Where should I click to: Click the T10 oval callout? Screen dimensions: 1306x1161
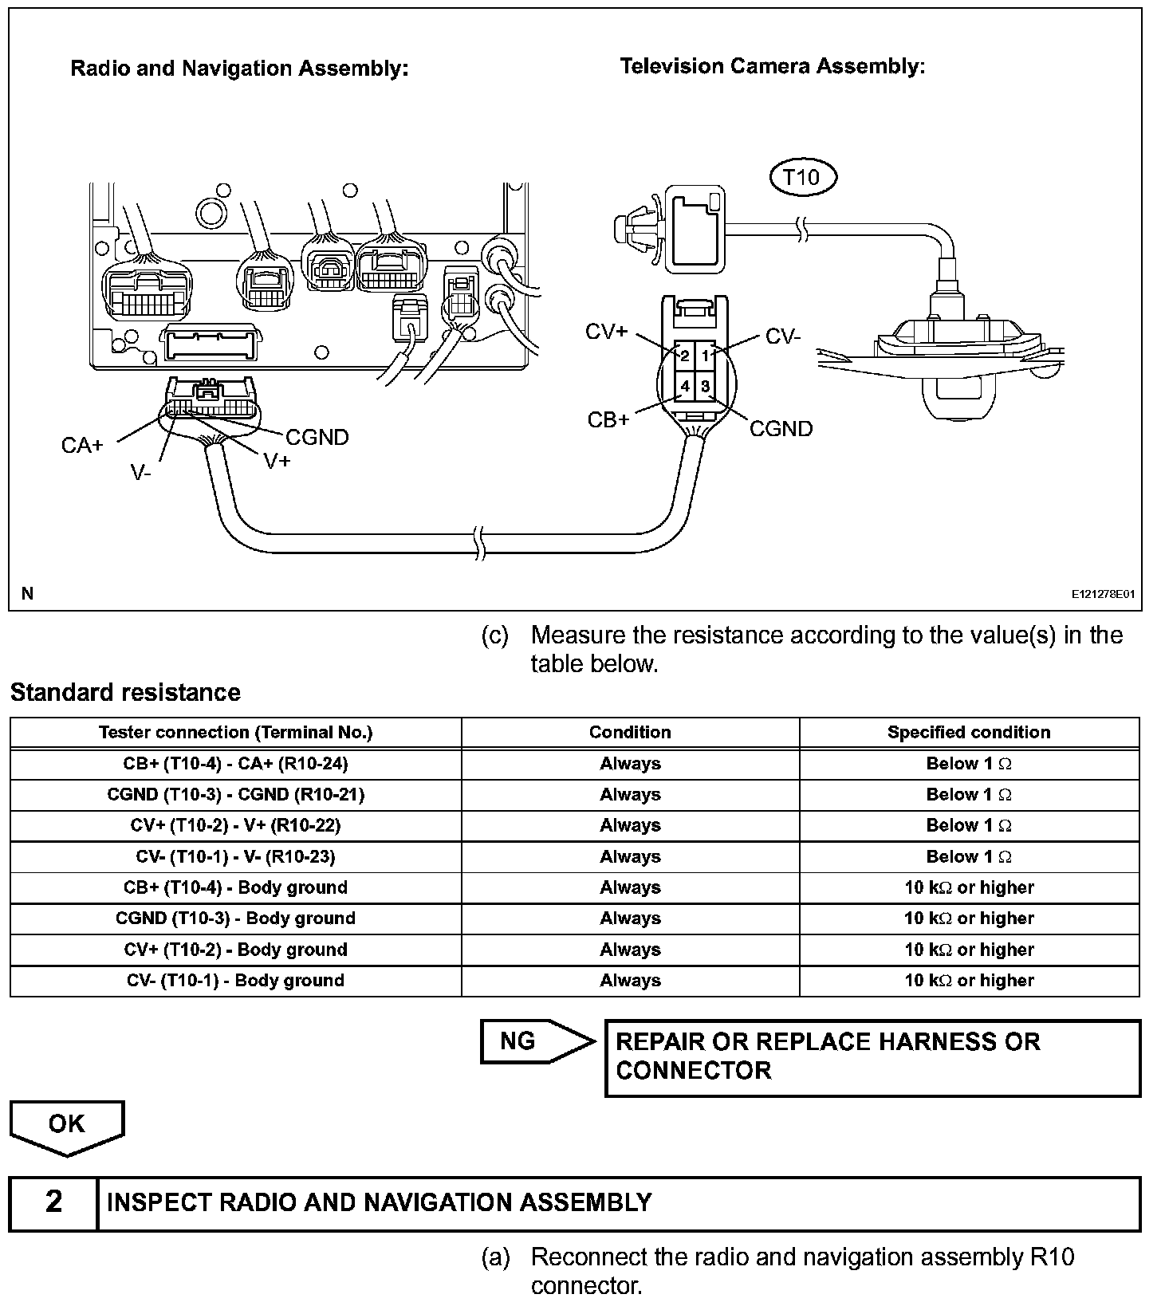click(802, 177)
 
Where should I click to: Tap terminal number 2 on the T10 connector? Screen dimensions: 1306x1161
click(685, 356)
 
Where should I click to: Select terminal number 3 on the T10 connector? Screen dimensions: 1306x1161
click(706, 387)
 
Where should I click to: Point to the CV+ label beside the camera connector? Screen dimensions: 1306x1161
click(607, 332)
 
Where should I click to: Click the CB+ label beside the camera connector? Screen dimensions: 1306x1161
click(608, 419)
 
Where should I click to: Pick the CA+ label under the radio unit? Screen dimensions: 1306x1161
click(82, 445)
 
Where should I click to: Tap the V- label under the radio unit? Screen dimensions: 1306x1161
click(141, 473)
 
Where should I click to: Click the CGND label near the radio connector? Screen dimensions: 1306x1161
click(317, 437)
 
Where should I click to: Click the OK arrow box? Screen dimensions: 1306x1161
click(67, 1126)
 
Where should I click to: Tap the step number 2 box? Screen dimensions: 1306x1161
click(53, 1202)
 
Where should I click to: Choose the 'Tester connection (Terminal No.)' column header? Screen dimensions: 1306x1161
click(235, 732)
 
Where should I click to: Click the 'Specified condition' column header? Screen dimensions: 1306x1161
click(969, 732)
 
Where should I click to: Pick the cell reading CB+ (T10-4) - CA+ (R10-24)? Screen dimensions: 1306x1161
click(235, 763)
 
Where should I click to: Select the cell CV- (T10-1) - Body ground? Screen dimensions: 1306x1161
click(235, 981)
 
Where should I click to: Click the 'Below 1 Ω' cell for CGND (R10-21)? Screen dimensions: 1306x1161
click(969, 794)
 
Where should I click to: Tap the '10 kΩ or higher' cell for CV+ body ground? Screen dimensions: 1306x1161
click(969, 950)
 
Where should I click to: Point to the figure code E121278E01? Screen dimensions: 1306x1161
click(1103, 594)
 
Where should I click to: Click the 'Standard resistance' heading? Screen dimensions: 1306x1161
click(125, 692)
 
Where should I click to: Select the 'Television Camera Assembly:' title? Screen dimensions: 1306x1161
click(772, 66)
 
